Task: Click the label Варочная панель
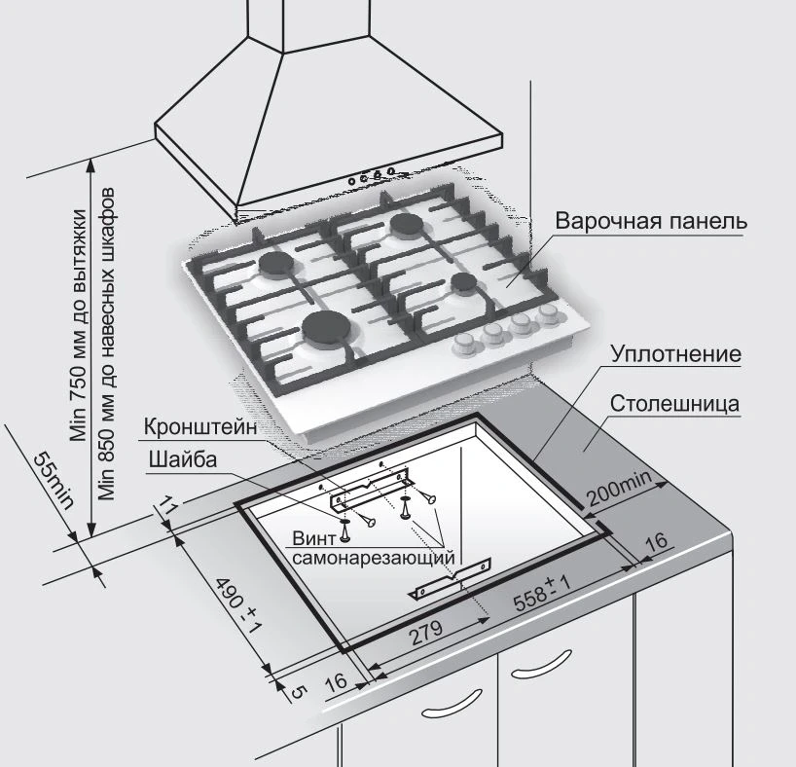point(651,221)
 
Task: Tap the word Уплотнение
point(676,354)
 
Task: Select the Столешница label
point(675,403)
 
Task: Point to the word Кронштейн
point(201,426)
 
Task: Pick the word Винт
point(313,538)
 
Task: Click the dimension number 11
point(166,506)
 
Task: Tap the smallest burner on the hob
point(463,283)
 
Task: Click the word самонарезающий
point(373,559)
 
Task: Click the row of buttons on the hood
point(371,175)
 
